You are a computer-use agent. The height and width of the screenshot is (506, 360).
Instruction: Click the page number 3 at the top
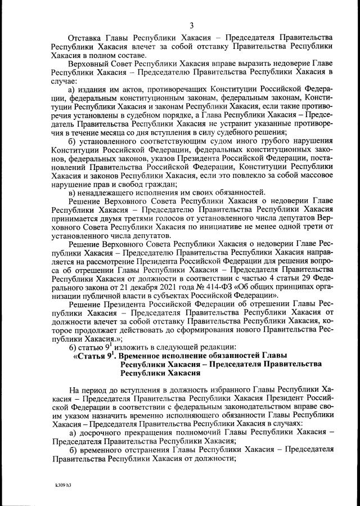tap(192, 25)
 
